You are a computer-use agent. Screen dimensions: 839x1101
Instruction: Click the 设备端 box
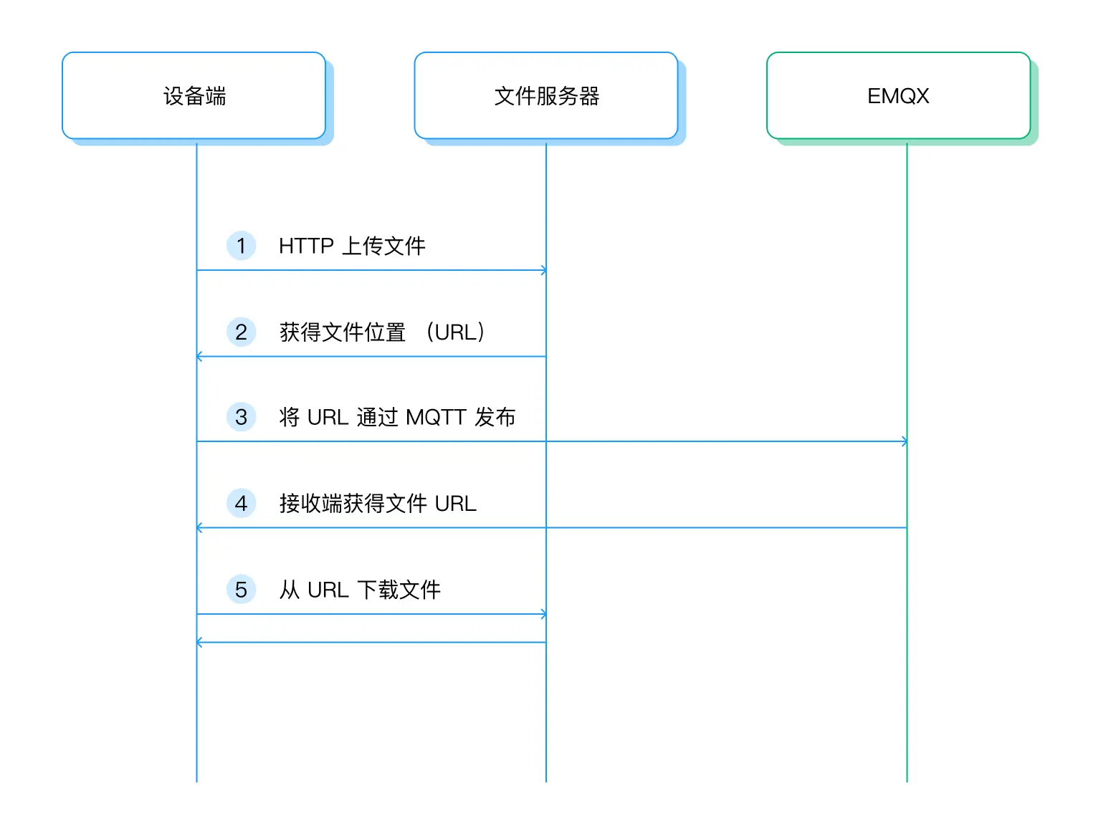[x=194, y=95]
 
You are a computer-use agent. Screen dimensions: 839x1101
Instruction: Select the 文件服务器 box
[x=546, y=95]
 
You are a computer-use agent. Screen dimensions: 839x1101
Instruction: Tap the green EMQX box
[x=898, y=95]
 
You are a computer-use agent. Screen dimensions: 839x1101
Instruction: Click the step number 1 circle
[x=241, y=246]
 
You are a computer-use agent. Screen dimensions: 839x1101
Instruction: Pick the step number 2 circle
[x=241, y=332]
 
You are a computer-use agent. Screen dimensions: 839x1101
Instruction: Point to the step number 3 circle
[x=241, y=417]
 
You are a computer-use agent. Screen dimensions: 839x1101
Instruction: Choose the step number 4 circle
[x=241, y=503]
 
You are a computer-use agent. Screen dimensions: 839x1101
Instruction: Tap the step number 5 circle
[x=241, y=590]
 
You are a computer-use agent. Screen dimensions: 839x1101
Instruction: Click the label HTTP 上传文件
[x=352, y=246]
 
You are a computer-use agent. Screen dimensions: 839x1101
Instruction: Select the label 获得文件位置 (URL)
[x=382, y=332]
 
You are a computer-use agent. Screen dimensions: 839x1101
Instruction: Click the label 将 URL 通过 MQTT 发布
[x=397, y=417]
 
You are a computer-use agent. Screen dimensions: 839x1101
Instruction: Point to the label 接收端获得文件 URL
[x=378, y=503]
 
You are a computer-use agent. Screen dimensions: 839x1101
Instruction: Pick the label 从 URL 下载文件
[x=360, y=590]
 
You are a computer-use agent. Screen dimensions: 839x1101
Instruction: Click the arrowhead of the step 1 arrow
[x=543, y=270]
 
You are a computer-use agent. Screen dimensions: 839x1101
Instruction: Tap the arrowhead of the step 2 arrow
[x=200, y=356]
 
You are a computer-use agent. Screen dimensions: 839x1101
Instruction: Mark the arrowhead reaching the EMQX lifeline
[x=904, y=441]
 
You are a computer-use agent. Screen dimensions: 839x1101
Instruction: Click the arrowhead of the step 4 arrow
[x=200, y=527]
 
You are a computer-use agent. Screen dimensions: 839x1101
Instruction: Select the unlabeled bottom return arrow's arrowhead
[x=200, y=642]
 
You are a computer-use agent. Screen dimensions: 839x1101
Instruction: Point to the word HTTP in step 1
[x=306, y=246]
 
